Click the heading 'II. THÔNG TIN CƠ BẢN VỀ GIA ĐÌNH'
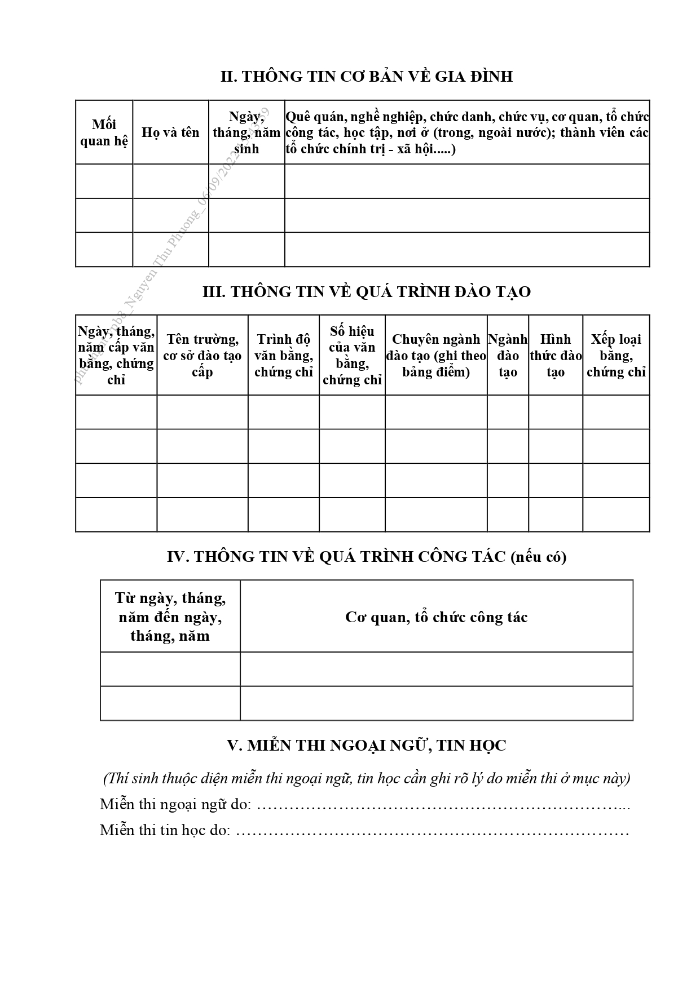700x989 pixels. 366,77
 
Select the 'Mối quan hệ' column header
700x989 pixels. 104,132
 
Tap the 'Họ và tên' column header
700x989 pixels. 170,132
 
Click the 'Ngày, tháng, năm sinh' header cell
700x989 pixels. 246,132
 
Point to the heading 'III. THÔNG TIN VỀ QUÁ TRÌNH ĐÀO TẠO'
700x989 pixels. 366,292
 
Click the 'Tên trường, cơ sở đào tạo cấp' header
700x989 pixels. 202,355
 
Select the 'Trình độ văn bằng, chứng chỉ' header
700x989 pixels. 283,355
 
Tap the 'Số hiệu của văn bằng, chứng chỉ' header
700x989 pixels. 352,355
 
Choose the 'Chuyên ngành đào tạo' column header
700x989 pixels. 436,355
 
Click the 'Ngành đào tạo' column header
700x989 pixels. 508,355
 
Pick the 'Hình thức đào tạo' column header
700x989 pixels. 556,355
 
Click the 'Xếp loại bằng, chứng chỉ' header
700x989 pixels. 616,355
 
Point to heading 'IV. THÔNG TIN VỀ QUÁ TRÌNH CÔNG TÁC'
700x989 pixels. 366,557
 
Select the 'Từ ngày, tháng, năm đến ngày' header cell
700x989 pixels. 170,617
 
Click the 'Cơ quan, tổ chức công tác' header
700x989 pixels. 436,617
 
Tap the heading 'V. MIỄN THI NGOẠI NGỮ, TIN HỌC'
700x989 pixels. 366,746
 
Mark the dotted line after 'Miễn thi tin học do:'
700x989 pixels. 432,831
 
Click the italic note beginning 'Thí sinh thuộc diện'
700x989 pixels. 366,778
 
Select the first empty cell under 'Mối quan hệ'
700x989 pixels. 104,181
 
